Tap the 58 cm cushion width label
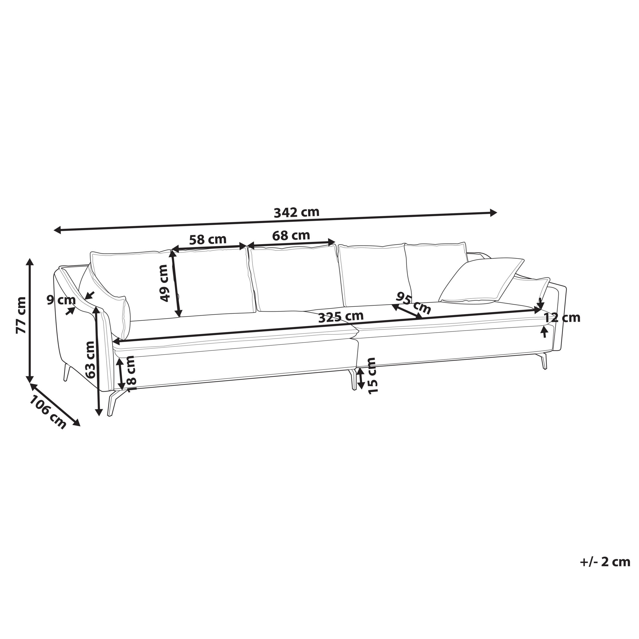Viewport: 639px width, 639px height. (208, 239)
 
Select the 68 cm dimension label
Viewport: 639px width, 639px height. (291, 235)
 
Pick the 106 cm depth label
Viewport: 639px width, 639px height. (48, 412)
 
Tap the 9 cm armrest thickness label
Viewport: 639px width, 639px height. (61, 301)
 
